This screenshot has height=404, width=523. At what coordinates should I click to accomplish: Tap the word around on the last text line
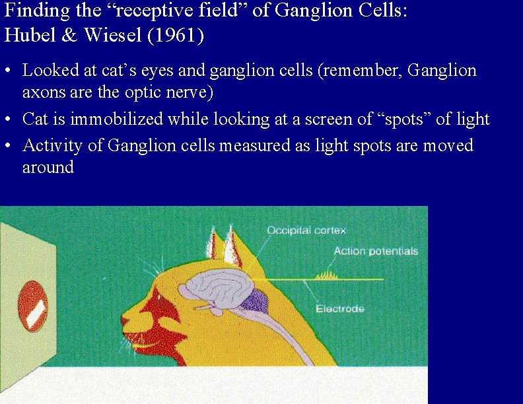[x=48, y=168]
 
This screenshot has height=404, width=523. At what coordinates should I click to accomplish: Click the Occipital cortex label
[x=306, y=230]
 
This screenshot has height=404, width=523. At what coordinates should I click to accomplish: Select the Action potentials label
[x=376, y=252]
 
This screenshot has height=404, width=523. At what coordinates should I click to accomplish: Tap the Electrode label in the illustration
[x=340, y=309]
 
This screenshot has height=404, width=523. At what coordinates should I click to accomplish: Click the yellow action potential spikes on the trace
[x=326, y=275]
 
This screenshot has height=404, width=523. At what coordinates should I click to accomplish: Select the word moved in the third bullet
[x=448, y=145]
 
